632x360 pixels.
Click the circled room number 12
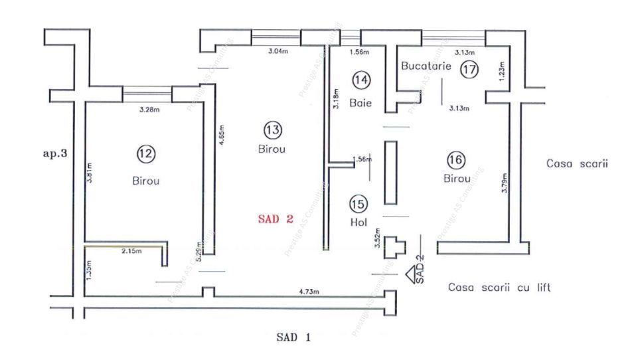145,153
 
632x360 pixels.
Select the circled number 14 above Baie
361,80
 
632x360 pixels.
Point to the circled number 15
358,205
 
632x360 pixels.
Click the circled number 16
456,160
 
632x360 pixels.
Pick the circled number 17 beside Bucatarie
469,68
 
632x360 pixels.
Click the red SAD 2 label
276,220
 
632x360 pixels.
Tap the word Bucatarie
426,66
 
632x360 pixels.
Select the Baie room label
361,103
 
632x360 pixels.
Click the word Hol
358,223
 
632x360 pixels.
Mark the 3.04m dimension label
277,51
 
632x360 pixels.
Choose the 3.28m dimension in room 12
149,109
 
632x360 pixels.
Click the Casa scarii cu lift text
499,288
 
